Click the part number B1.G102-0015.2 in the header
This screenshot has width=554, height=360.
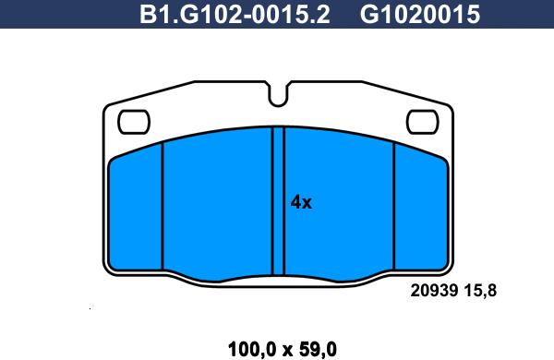pos(235,14)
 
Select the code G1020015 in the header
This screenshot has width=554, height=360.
pos(420,14)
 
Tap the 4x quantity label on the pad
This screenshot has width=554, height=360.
pos(301,202)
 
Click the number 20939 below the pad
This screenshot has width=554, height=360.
pos(434,291)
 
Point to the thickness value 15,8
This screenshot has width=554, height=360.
pos(480,291)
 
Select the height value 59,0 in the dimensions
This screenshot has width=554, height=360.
pos(318,350)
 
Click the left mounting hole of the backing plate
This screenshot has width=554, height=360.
pos(134,122)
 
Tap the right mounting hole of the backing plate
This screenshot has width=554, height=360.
pos(423,122)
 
